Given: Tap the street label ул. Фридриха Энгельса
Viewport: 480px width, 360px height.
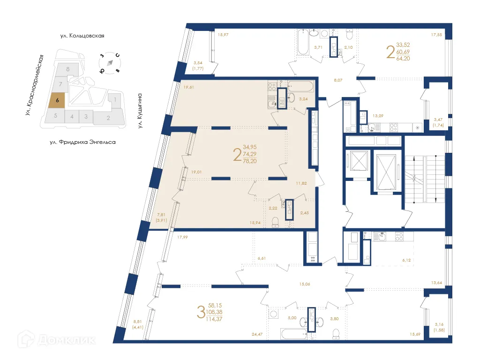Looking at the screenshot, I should (82, 141).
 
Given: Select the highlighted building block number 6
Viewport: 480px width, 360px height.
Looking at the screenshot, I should (57, 100).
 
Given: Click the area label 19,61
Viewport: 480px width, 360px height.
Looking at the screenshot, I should (188, 87).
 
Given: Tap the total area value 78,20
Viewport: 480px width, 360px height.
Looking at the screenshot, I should (250, 161).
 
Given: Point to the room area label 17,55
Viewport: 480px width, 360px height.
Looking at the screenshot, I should (437, 34).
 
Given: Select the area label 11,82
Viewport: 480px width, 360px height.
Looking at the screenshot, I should (301, 183).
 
